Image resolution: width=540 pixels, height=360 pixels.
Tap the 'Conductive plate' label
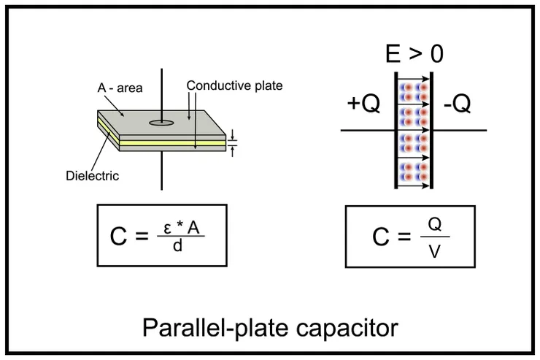(x=234, y=85)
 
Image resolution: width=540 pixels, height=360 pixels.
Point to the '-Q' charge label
(x=458, y=104)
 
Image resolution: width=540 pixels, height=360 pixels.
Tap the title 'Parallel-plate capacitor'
(x=270, y=326)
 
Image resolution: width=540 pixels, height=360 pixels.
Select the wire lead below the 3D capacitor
(x=161, y=172)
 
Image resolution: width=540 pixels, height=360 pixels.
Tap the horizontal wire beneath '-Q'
(x=460, y=131)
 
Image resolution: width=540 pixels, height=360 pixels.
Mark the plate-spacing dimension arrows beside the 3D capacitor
(x=233, y=142)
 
